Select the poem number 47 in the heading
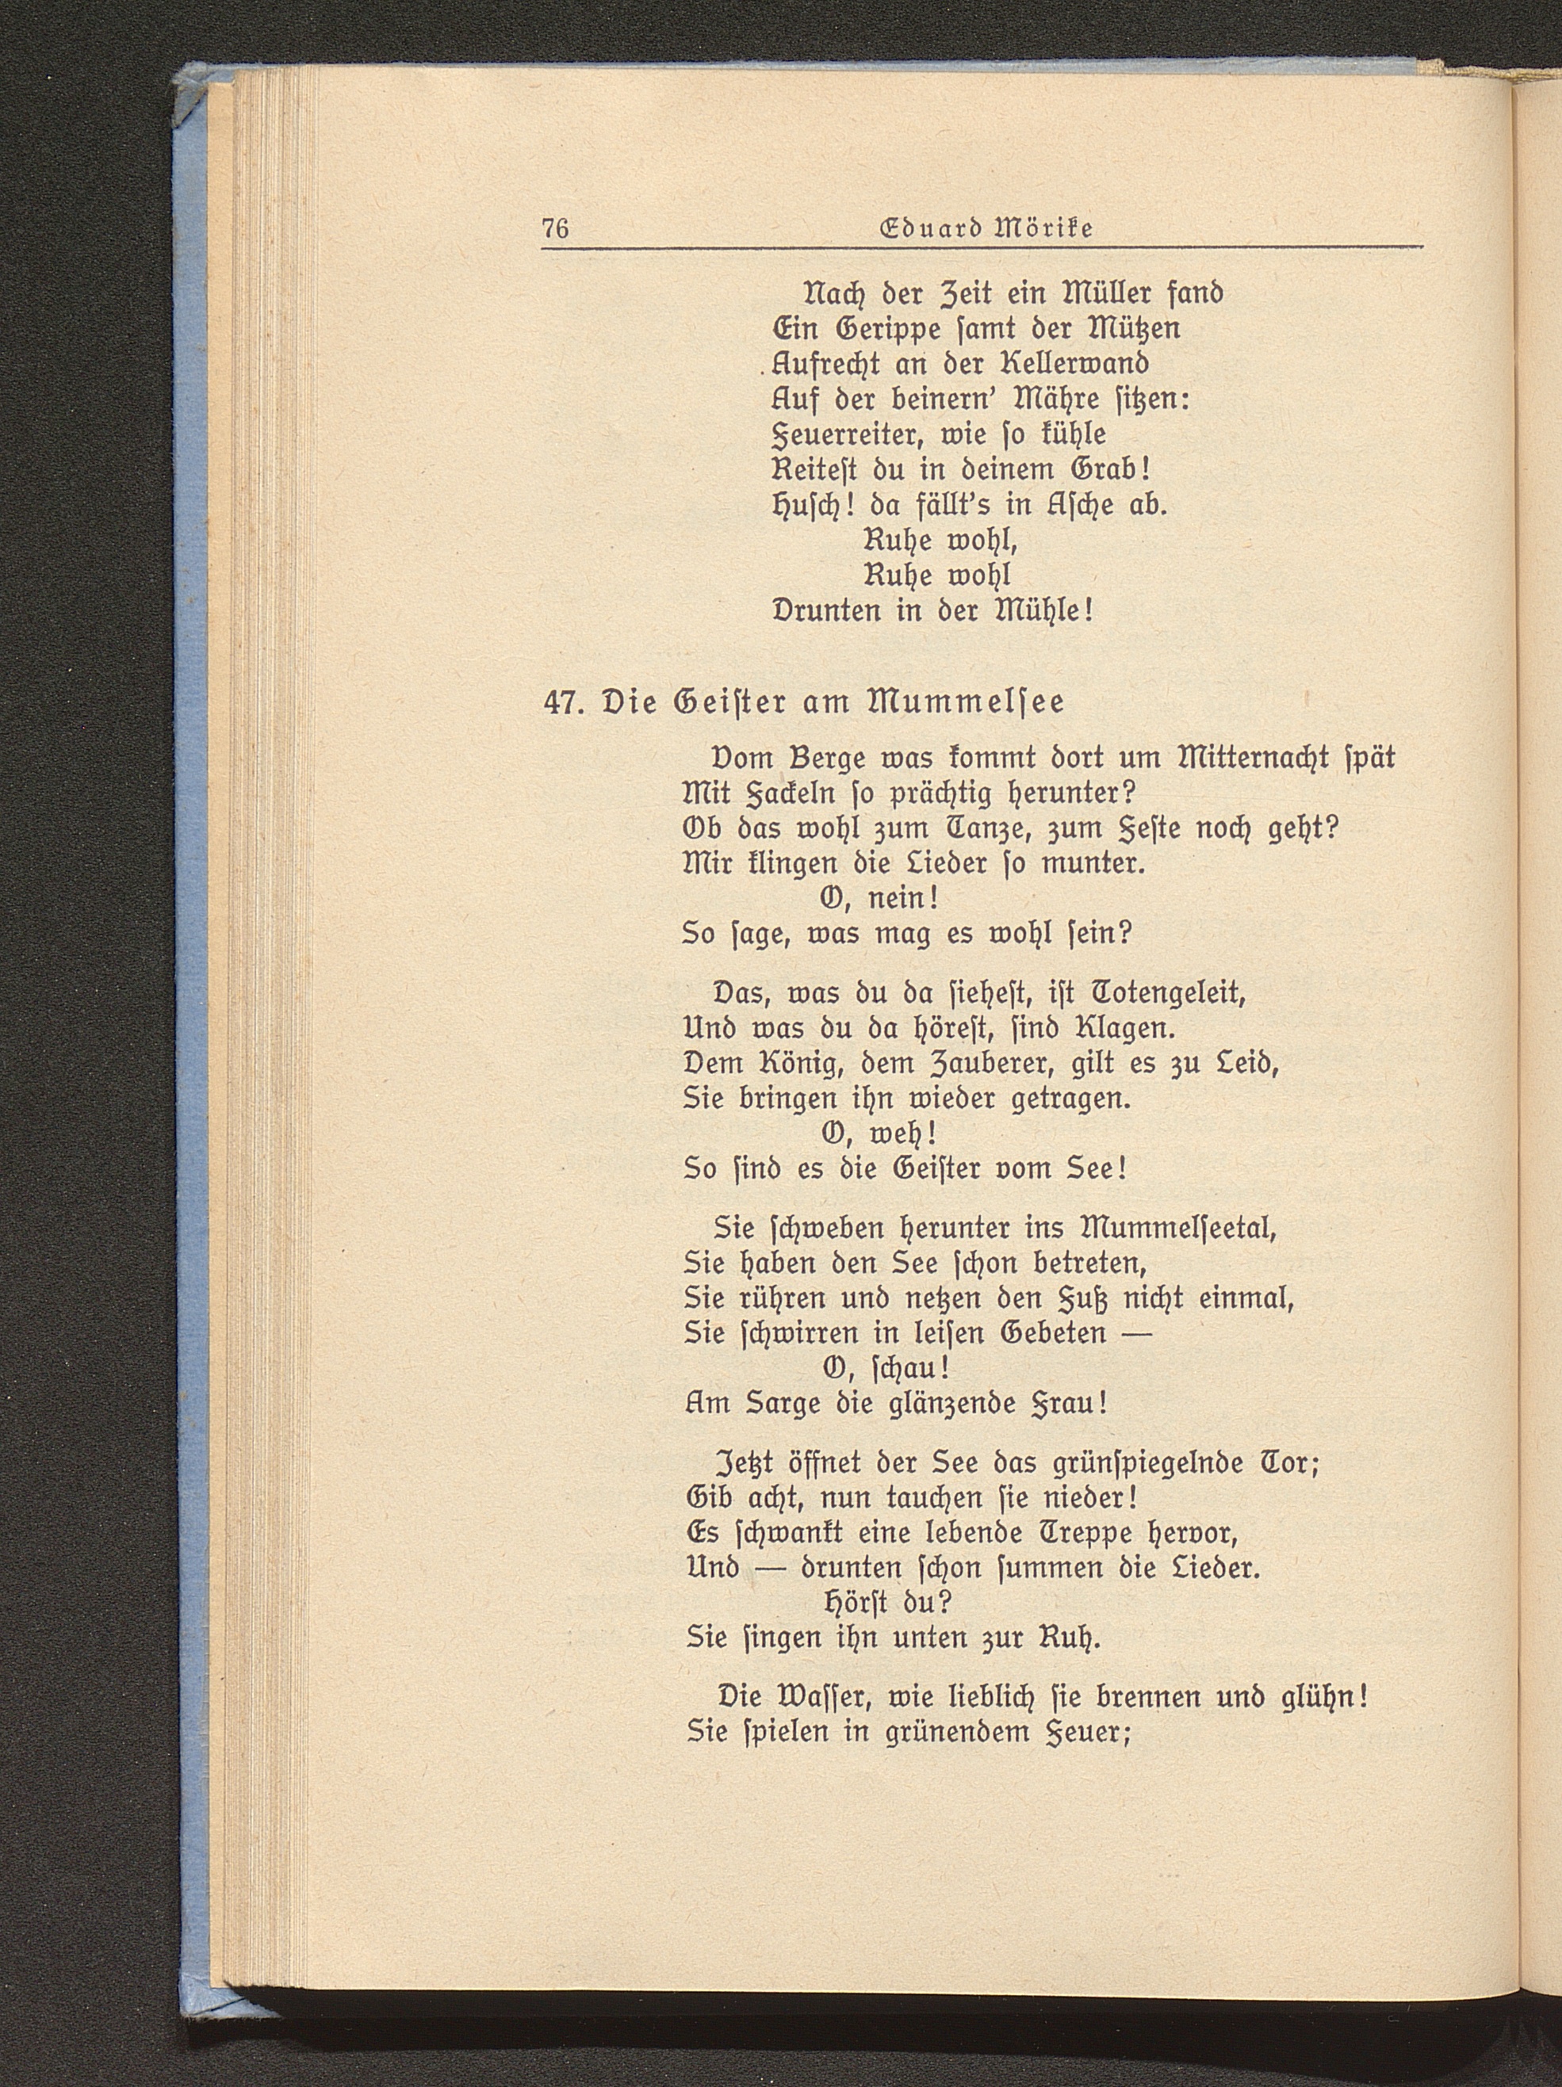click(x=562, y=704)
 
